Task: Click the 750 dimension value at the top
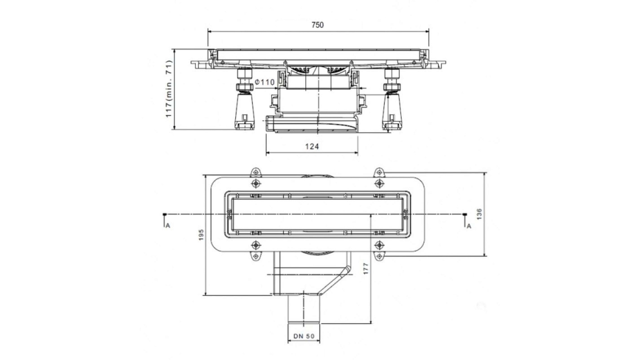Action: (x=317, y=25)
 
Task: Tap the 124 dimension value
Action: (x=312, y=146)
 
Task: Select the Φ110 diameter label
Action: (x=265, y=82)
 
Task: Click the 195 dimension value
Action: (x=201, y=235)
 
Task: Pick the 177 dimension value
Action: (x=366, y=269)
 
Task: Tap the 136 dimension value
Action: (x=479, y=214)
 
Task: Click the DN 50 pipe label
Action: (x=304, y=336)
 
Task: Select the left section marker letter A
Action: (x=168, y=226)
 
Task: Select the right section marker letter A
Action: (x=469, y=226)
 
